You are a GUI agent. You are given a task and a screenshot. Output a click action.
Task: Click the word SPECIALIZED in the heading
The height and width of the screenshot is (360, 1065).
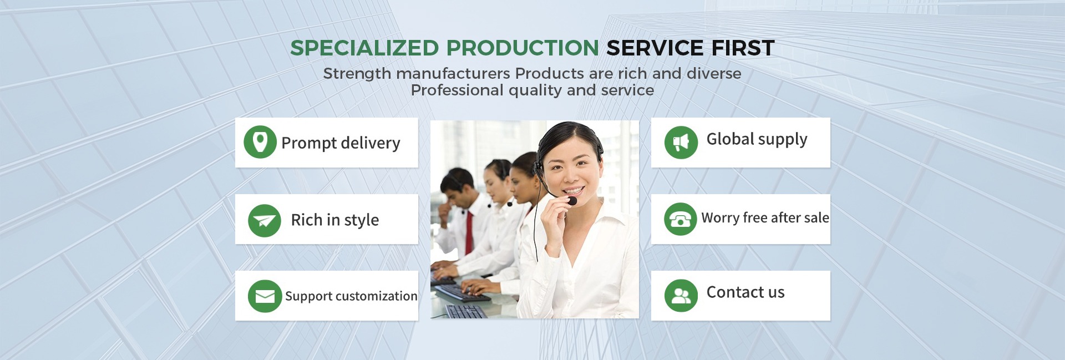[x=365, y=48]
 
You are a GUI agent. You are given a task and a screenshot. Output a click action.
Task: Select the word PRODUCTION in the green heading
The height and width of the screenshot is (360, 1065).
[x=523, y=48]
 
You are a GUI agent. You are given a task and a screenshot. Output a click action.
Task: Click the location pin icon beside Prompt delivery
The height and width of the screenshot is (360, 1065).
[x=260, y=142]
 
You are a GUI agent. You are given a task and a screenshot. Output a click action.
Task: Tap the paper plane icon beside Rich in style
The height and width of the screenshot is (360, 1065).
[x=265, y=221]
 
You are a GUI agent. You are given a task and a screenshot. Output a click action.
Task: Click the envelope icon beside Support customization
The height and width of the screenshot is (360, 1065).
[x=265, y=296]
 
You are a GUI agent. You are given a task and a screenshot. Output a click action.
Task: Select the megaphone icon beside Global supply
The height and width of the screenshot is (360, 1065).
[x=681, y=143]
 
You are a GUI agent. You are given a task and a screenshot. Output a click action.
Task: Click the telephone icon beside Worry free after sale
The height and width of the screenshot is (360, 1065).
[x=680, y=219]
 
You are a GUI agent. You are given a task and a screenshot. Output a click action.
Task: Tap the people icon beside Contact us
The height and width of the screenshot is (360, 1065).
[x=681, y=296]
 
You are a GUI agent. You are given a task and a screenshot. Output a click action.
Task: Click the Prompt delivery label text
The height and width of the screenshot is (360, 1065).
[x=341, y=143]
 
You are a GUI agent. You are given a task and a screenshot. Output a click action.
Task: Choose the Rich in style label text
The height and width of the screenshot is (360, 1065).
[x=335, y=220]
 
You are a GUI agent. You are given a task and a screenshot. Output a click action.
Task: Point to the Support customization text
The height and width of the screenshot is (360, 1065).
[x=351, y=296]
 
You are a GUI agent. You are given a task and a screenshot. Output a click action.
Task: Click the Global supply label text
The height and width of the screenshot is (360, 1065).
[x=757, y=139]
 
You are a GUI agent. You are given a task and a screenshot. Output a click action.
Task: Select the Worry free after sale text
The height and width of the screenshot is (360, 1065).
[x=765, y=217]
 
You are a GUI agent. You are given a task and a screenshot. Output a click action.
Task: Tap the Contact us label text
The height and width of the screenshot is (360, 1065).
[x=745, y=292]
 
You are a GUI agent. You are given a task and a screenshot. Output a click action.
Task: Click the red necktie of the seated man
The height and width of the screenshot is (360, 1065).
[x=469, y=232]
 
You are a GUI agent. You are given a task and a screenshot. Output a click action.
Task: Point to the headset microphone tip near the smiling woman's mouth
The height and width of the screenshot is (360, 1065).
[x=572, y=201]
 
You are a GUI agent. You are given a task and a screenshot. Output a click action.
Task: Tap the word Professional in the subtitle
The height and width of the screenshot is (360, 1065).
[x=457, y=91]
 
